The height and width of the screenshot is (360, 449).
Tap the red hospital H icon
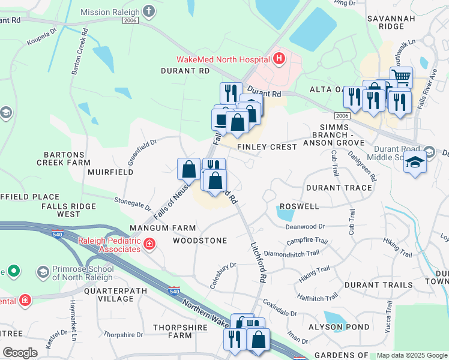pyautogui.click(x=279, y=59)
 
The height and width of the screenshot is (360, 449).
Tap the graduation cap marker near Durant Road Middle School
pyautogui.click(x=415, y=164)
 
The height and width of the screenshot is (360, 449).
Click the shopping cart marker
pyautogui.click(x=401, y=77)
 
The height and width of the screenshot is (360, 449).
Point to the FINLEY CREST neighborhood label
pyautogui.click(x=267, y=147)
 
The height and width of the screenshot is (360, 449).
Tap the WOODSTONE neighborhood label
pyautogui.click(x=200, y=241)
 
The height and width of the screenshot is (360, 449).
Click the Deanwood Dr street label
pyautogui.click(x=305, y=227)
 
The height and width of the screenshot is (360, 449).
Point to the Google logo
pyautogui.click(x=20, y=353)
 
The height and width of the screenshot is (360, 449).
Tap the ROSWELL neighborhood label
pyautogui.click(x=299, y=206)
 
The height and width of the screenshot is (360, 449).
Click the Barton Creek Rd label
pyautogui.click(x=77, y=53)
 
